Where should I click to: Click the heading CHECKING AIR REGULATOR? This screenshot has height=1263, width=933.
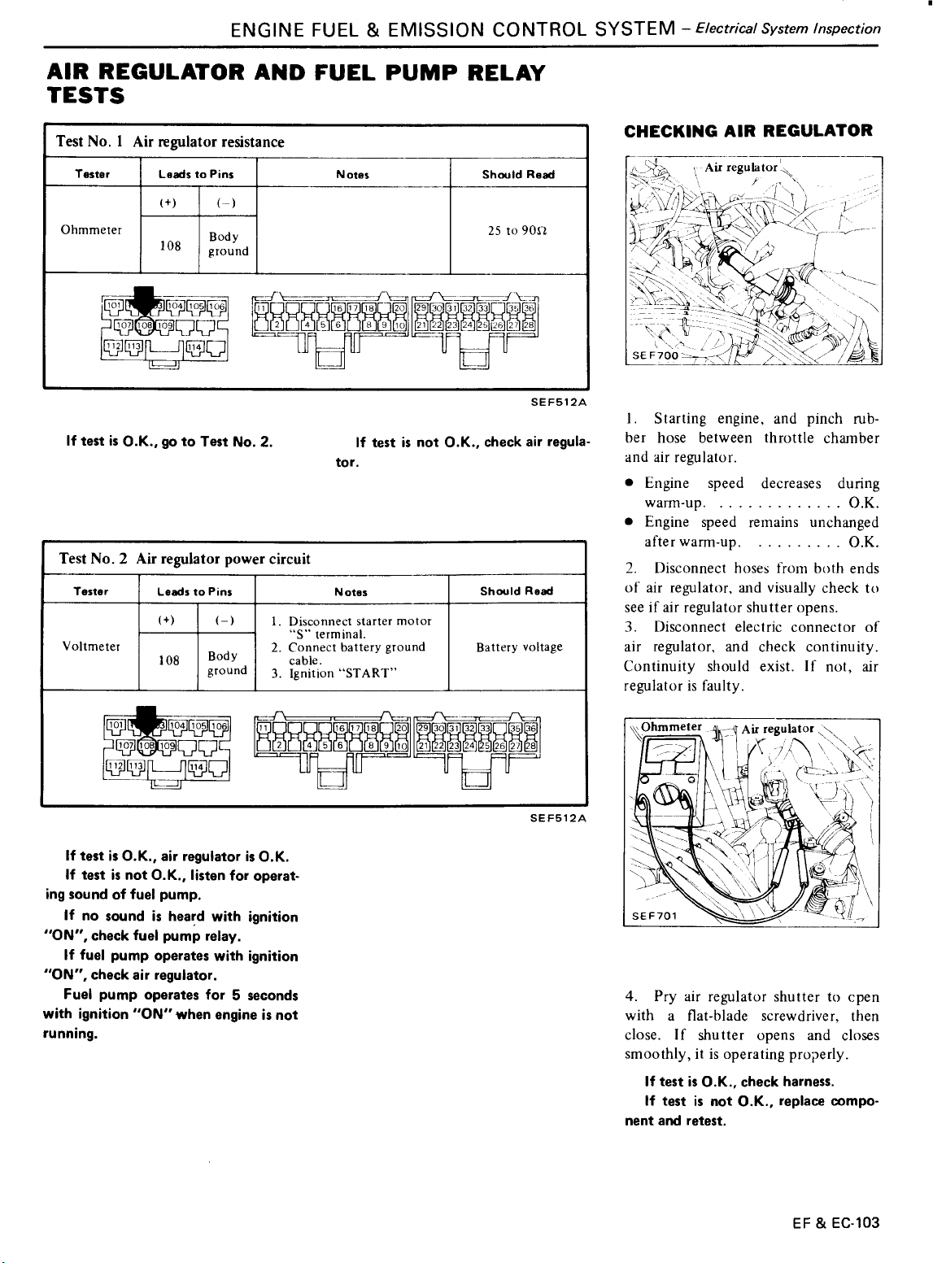(x=748, y=130)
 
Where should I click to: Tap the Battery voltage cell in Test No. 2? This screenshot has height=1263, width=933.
(x=519, y=647)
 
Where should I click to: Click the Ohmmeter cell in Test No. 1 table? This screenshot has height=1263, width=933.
(x=91, y=229)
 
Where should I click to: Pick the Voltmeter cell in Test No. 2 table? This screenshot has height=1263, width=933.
(x=91, y=647)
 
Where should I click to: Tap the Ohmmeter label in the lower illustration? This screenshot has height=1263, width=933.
(x=671, y=726)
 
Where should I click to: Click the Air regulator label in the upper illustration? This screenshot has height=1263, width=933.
(x=743, y=167)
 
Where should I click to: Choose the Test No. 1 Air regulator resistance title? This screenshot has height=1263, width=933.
(x=170, y=142)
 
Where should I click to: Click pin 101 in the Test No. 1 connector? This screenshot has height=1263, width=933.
(x=113, y=307)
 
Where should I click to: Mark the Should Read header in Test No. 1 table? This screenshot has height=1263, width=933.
(x=518, y=174)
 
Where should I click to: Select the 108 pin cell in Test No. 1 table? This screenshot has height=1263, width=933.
(x=169, y=245)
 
